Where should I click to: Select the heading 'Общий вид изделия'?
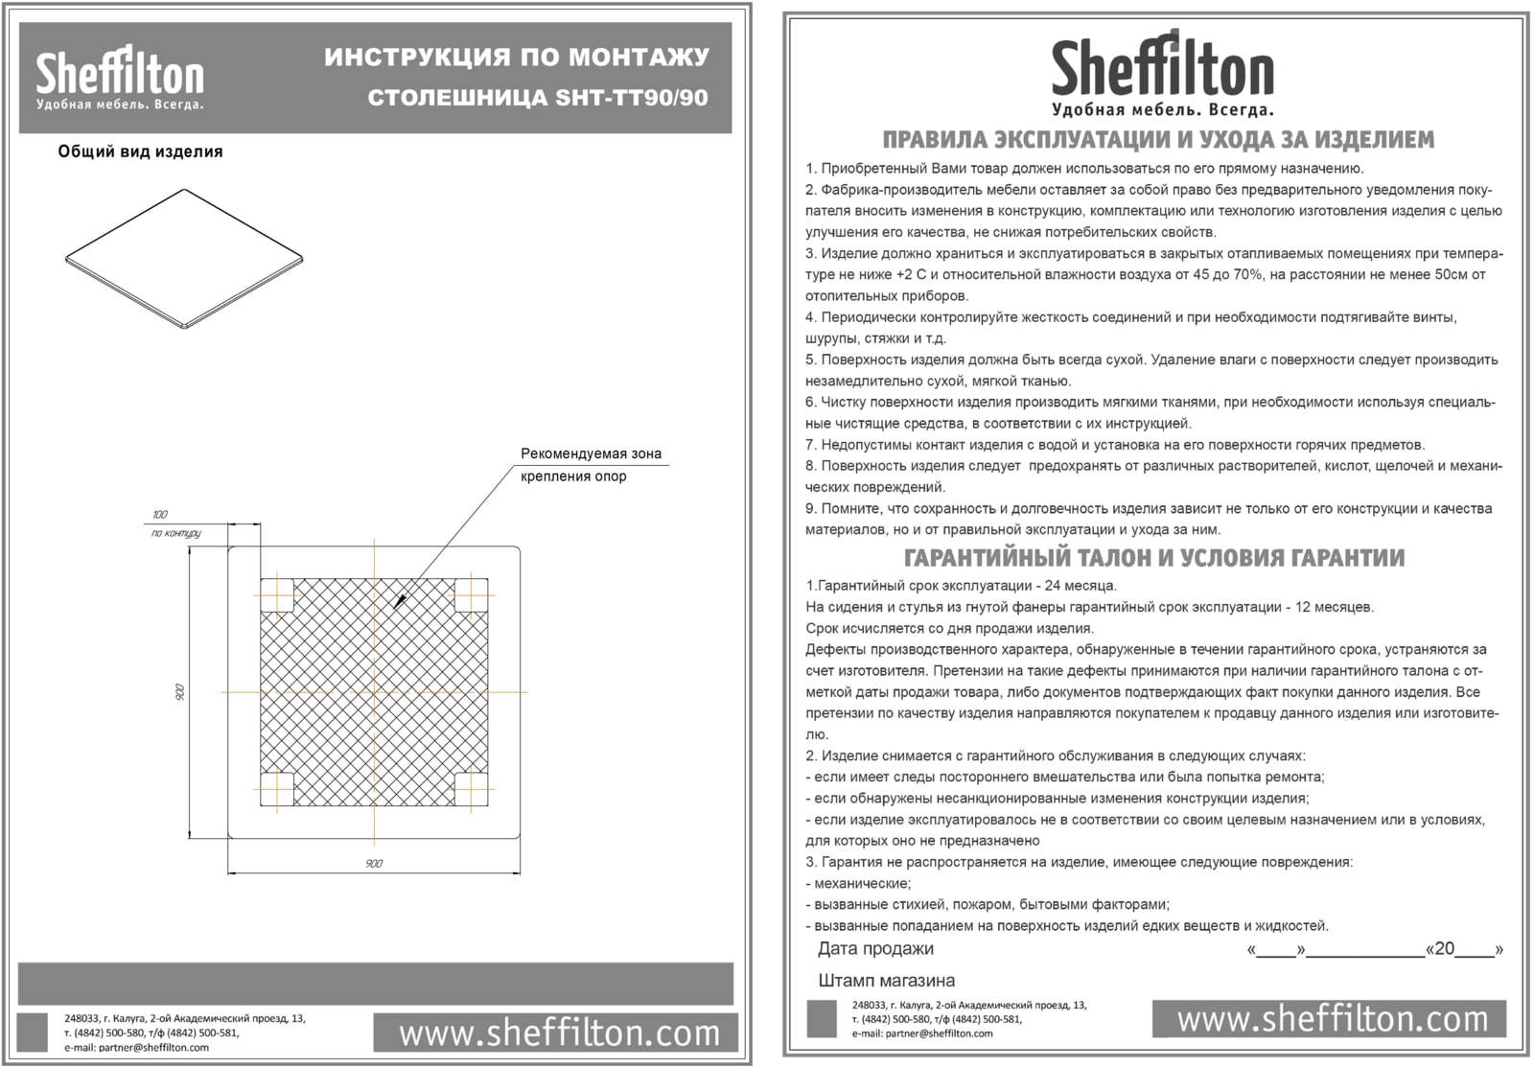[140, 151]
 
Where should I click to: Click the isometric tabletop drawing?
[184, 259]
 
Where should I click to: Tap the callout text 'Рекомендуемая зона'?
[591, 453]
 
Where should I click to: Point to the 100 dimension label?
[159, 515]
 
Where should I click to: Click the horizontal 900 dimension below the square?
[374, 864]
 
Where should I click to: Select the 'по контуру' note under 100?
[175, 533]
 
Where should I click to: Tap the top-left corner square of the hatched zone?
[277, 595]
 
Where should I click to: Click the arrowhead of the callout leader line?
[398, 601]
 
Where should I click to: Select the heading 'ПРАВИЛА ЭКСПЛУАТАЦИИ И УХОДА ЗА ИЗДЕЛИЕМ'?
[1157, 140]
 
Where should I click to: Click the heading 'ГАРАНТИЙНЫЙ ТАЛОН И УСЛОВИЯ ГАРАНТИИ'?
[1154, 558]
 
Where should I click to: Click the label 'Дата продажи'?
[875, 949]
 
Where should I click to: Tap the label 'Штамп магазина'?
[886, 981]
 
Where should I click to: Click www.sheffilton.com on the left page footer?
[559, 1033]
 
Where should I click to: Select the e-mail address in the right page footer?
[922, 1033]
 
